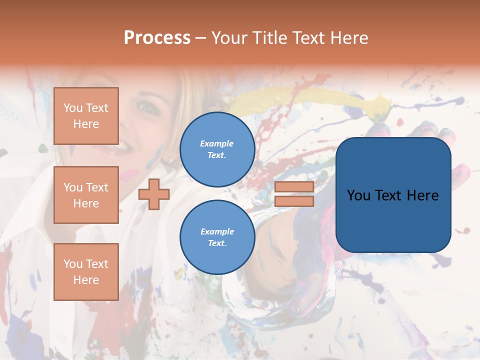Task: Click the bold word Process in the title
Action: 157,38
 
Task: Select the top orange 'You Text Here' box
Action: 86,116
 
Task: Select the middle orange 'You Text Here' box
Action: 86,195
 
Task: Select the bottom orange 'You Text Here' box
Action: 86,271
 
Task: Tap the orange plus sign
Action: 154,194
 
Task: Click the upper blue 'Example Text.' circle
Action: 217,149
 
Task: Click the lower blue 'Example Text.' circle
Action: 217,237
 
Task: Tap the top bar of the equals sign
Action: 294,187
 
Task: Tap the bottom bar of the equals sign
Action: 294,201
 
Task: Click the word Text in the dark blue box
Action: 393,195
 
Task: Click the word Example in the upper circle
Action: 217,143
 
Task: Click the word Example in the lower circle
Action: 217,231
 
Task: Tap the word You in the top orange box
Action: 73,108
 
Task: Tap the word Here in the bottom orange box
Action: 86,280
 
